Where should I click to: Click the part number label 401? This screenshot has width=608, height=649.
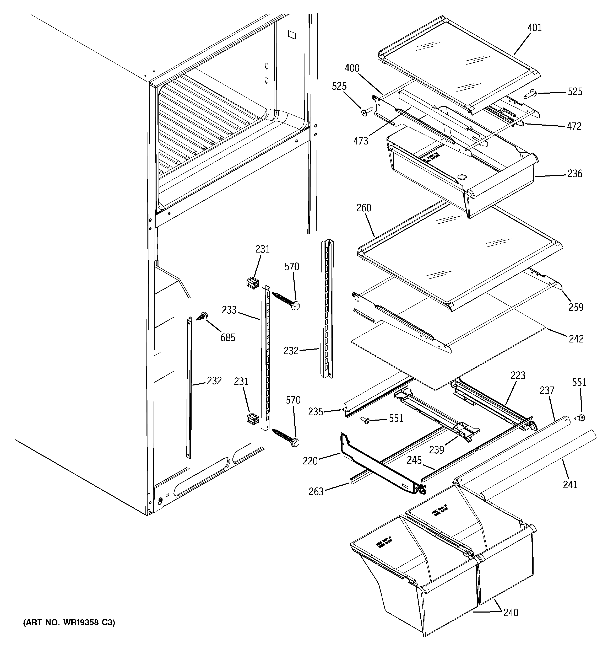535,28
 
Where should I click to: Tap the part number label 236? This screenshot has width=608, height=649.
575,174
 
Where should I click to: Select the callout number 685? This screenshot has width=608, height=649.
228,337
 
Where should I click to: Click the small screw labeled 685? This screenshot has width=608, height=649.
202,316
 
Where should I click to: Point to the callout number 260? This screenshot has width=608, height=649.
363,208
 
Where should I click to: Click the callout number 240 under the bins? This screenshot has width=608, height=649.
511,613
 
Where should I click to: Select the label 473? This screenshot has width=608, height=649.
361,141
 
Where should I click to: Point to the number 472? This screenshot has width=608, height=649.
574,126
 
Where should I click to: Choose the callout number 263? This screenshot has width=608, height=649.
316,492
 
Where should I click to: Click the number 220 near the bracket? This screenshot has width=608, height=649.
310,461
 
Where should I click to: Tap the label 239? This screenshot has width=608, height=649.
436,450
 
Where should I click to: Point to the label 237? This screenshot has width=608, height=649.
547,390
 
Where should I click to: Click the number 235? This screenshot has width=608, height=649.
316,412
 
